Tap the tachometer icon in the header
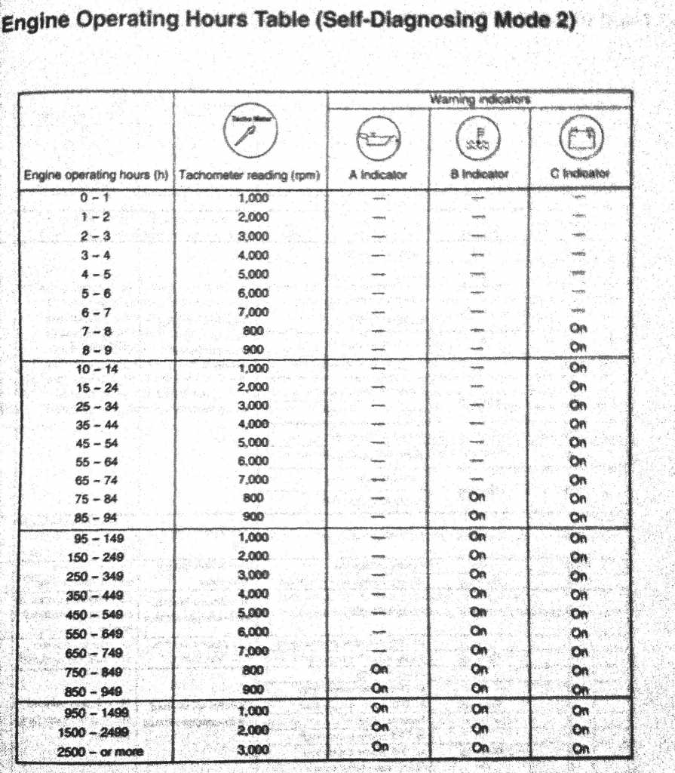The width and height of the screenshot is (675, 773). pyautogui.click(x=250, y=130)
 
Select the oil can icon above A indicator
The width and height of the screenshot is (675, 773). pyautogui.click(x=378, y=138)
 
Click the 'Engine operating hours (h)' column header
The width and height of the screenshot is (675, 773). pyautogui.click(x=95, y=175)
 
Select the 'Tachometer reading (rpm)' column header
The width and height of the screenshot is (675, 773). pyautogui.click(x=250, y=175)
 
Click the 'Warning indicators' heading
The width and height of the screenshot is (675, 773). pyautogui.click(x=480, y=100)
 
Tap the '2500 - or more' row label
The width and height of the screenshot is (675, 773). pyautogui.click(x=97, y=752)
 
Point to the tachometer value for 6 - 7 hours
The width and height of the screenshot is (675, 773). pyautogui.click(x=253, y=311)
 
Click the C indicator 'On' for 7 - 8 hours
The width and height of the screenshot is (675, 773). pyautogui.click(x=578, y=328)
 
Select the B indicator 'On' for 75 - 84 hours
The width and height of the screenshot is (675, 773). pyautogui.click(x=477, y=497)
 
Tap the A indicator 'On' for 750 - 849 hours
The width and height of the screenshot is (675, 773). pyautogui.click(x=379, y=669)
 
